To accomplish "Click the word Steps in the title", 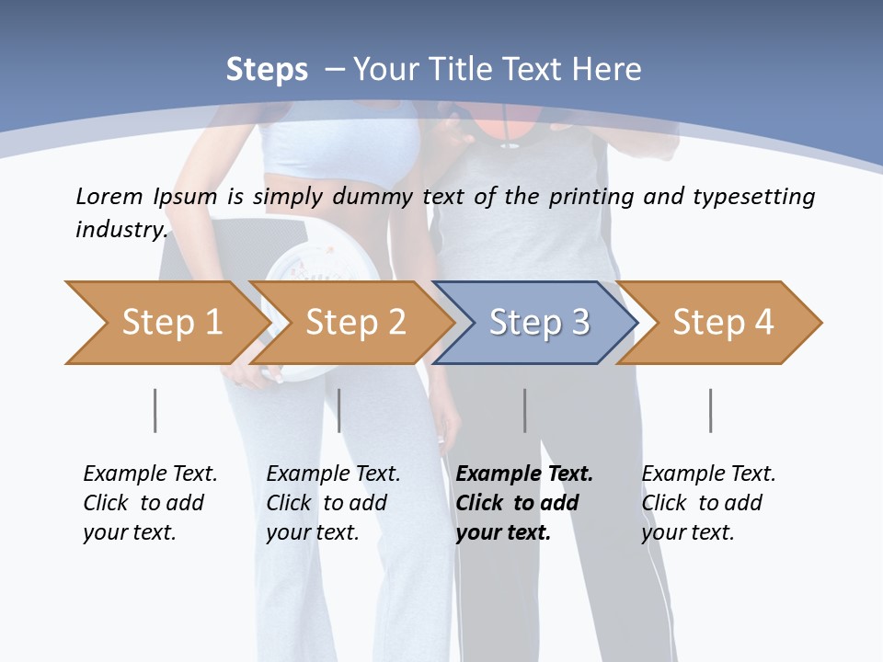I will tap(267, 69).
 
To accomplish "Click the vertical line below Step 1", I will tap(155, 410).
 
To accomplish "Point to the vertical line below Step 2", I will tap(339, 410).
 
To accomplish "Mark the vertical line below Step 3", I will tap(524, 410).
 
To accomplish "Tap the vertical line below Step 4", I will tap(710, 410).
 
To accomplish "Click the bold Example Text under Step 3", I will tap(524, 474).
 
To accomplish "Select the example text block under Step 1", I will tap(150, 503).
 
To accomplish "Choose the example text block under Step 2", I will tap(333, 503).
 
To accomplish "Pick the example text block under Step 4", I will tap(708, 503).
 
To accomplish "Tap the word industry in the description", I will tap(120, 229).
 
